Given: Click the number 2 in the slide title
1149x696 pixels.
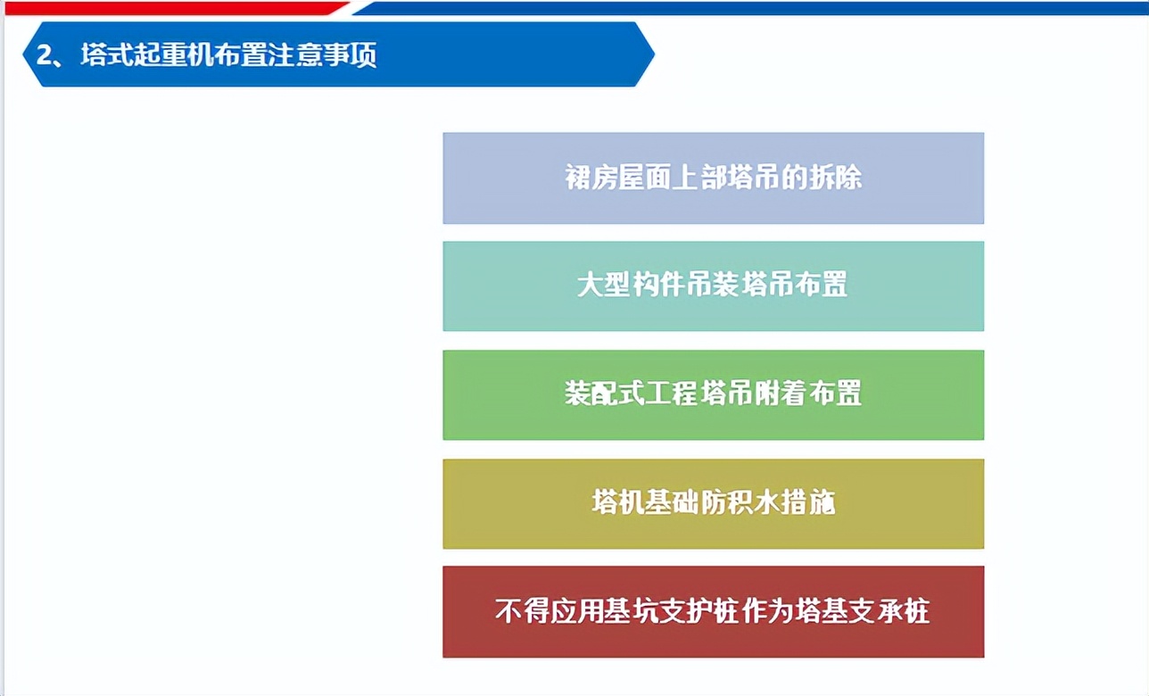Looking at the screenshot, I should pos(42,55).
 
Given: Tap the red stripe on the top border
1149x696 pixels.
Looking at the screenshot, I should pos(169,7).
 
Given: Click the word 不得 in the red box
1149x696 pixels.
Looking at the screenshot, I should pos(522,611).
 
